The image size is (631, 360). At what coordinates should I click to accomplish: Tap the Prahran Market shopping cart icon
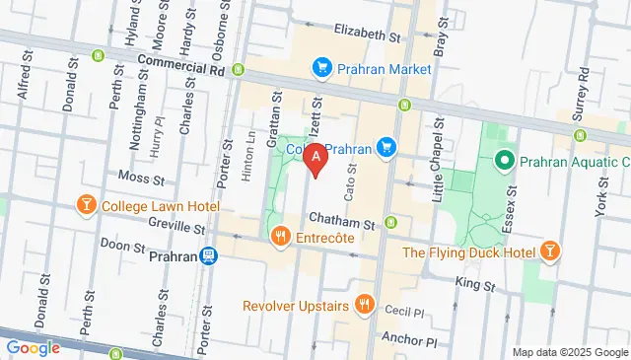coord(321,68)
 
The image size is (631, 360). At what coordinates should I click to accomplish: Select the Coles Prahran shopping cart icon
coord(387,149)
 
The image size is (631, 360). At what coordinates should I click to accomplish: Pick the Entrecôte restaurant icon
coord(281,236)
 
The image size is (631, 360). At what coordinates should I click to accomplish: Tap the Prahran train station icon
coord(208,255)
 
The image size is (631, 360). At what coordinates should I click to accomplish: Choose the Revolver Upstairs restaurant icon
coord(365,305)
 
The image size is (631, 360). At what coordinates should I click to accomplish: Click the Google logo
coord(33,348)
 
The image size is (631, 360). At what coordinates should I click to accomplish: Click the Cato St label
coord(348,180)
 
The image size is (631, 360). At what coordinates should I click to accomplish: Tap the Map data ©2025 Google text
coord(569,352)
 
